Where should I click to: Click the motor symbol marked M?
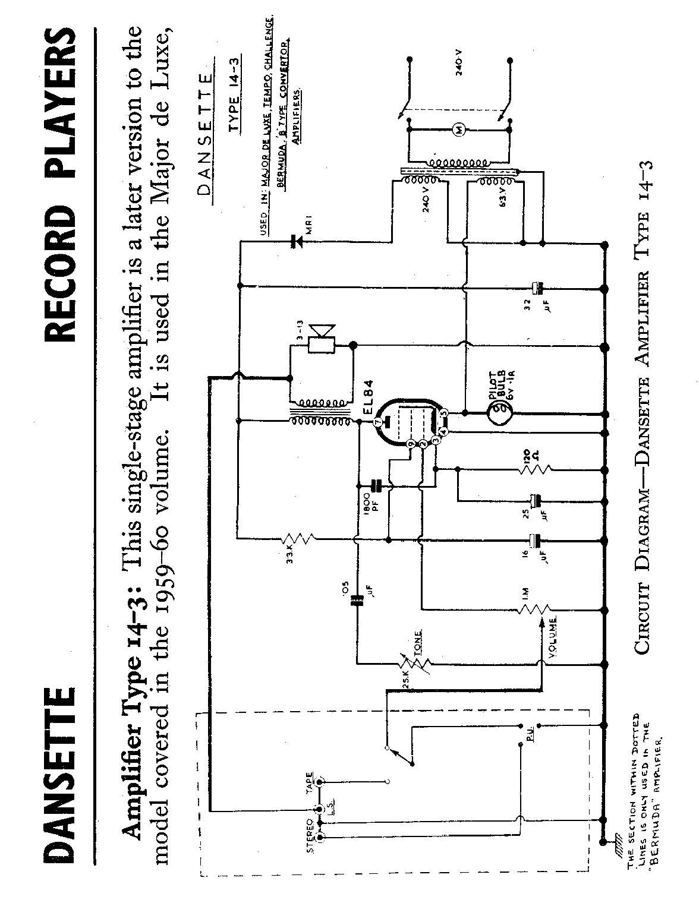tap(459, 130)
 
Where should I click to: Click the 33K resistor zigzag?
tap(301, 540)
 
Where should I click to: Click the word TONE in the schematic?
tap(419, 641)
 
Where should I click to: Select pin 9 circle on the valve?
tap(410, 443)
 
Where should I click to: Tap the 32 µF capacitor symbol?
tap(537, 288)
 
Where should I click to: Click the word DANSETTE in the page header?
tap(58, 775)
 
